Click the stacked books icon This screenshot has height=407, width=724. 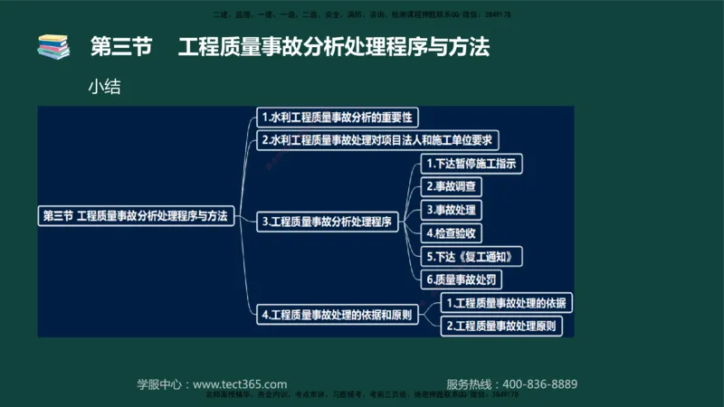click(x=52, y=47)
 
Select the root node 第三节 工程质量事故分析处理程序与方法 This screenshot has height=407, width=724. click(x=136, y=216)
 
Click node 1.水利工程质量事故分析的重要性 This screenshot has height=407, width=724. click(x=337, y=118)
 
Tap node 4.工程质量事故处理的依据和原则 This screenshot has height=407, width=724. click(x=337, y=315)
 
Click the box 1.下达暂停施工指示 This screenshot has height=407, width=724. click(x=473, y=164)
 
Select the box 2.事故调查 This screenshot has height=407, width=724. click(x=452, y=186)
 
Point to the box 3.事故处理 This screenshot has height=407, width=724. click(x=452, y=210)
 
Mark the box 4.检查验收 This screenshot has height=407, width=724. click(x=452, y=233)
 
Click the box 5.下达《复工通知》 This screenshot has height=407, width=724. click(x=472, y=257)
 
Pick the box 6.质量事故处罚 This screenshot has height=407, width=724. click(x=462, y=279)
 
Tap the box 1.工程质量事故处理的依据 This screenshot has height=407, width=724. click(x=509, y=302)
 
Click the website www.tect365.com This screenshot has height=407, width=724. click(x=241, y=384)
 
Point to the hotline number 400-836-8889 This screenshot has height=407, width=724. click(x=540, y=384)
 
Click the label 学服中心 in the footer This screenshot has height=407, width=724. click(x=162, y=384)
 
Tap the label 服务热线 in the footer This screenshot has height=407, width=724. click(x=472, y=384)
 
